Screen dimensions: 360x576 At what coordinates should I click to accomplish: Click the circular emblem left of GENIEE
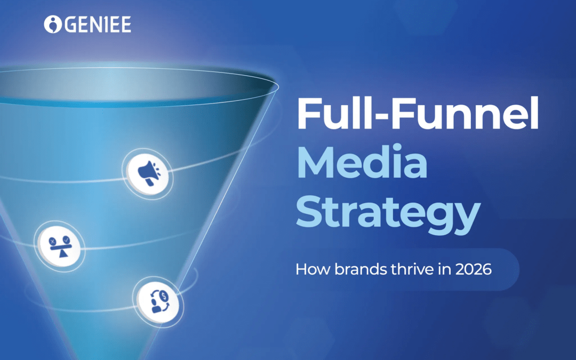52,24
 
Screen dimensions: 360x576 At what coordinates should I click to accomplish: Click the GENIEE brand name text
97,25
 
